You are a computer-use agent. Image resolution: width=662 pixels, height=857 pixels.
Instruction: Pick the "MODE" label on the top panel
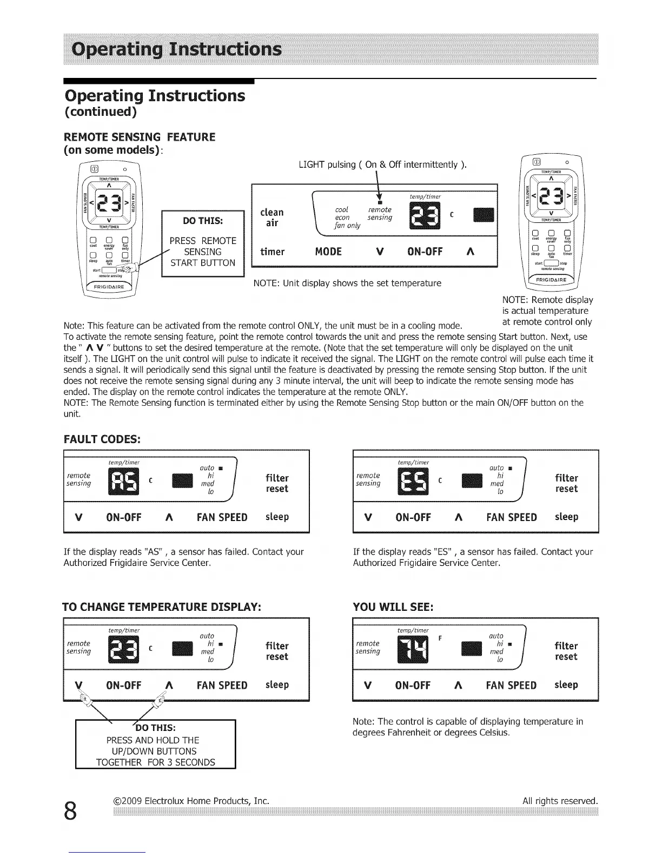(328, 252)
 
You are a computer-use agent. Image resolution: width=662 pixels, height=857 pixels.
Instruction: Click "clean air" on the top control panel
(272, 217)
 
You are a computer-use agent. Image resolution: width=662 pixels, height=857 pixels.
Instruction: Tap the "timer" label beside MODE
(273, 252)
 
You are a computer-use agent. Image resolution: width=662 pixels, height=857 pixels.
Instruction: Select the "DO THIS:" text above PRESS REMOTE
(203, 221)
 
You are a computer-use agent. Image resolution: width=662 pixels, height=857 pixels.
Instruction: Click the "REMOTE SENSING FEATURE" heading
(140, 137)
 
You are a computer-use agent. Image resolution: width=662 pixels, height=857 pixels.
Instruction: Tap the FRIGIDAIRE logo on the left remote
(110, 286)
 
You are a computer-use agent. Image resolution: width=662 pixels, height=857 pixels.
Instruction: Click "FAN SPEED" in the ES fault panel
(511, 517)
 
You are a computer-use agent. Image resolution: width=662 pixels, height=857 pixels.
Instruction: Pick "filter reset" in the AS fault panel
(277, 483)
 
